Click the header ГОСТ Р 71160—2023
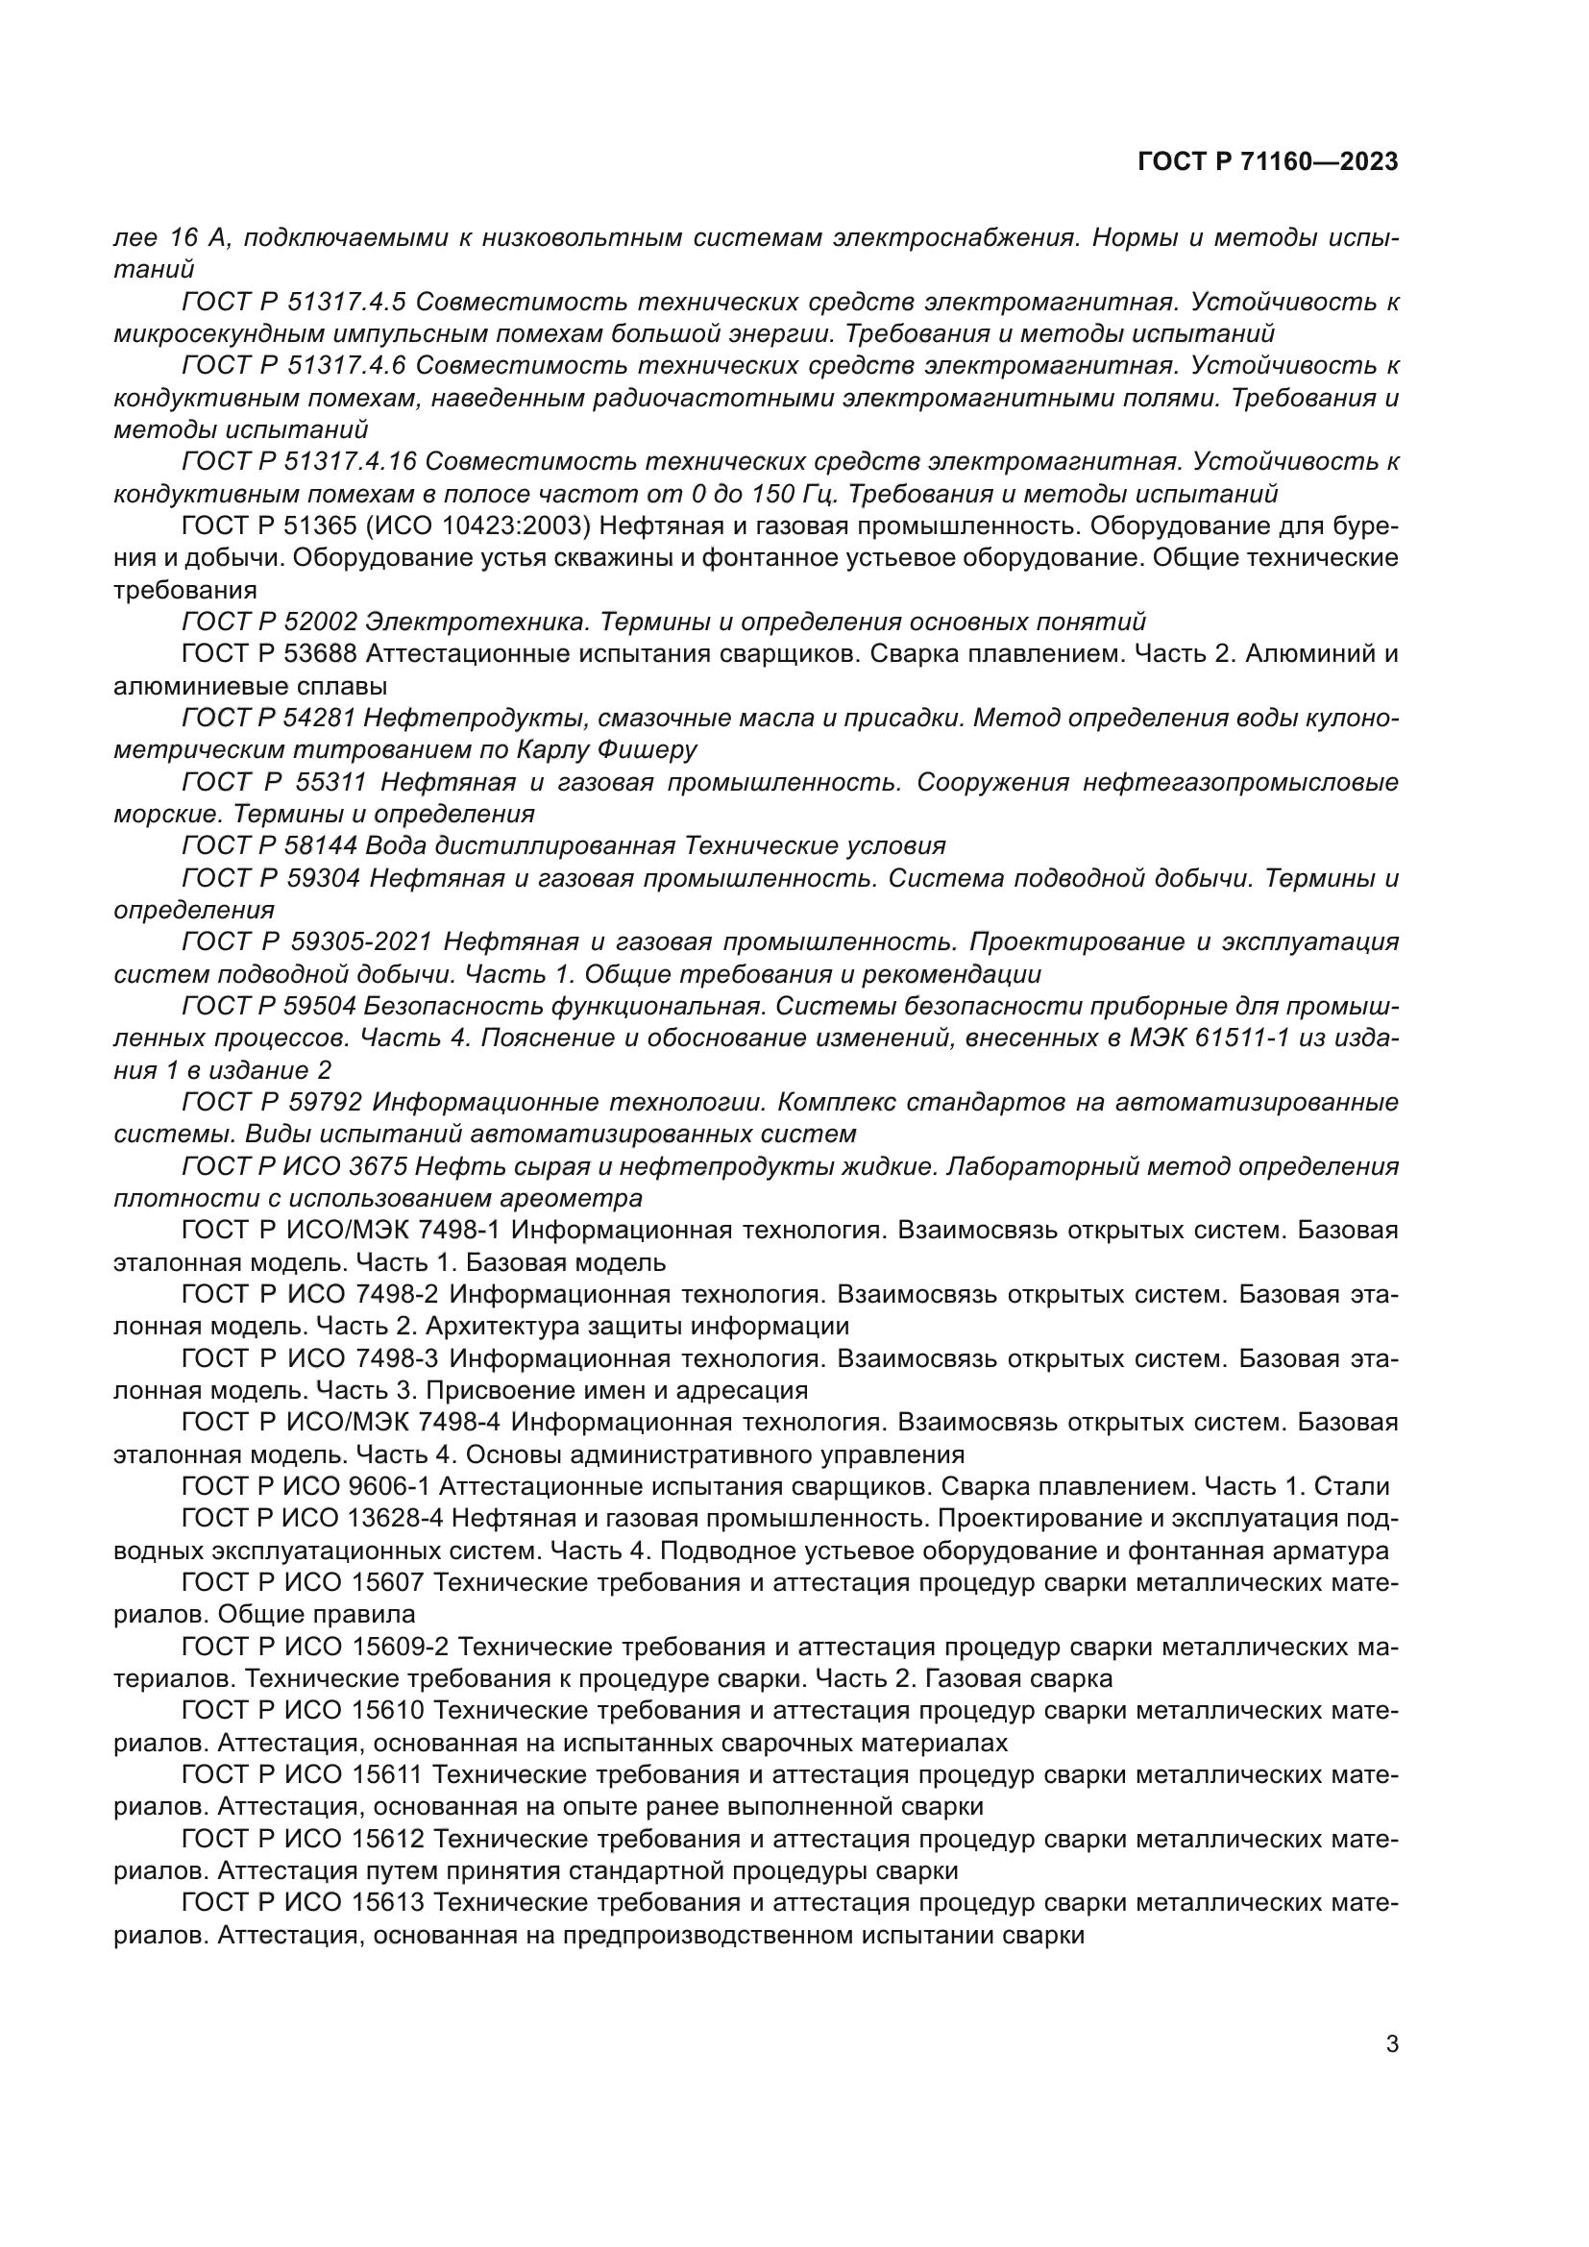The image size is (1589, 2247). pyautogui.click(x=1268, y=162)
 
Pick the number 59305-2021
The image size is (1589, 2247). pyautogui.click(x=362, y=941)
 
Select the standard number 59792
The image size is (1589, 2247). pyautogui.click(x=326, y=1102)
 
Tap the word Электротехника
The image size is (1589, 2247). pyautogui.click(x=476, y=622)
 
